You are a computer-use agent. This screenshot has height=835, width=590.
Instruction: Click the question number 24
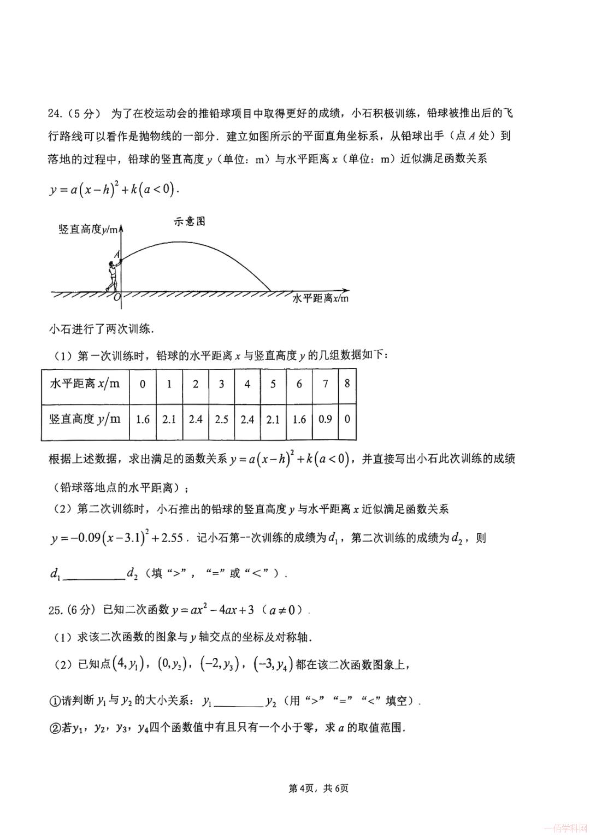click(56, 114)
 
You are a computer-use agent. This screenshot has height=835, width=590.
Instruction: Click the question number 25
click(56, 610)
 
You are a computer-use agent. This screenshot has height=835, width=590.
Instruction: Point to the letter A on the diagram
click(116, 254)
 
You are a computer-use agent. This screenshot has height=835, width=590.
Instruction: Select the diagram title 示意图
click(189, 221)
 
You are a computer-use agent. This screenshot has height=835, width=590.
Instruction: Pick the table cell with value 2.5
click(221, 419)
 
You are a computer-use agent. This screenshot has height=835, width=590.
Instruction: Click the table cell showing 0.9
click(325, 419)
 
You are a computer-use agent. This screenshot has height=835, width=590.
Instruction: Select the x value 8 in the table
click(347, 384)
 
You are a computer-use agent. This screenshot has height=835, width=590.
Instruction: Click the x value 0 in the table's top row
click(143, 384)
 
